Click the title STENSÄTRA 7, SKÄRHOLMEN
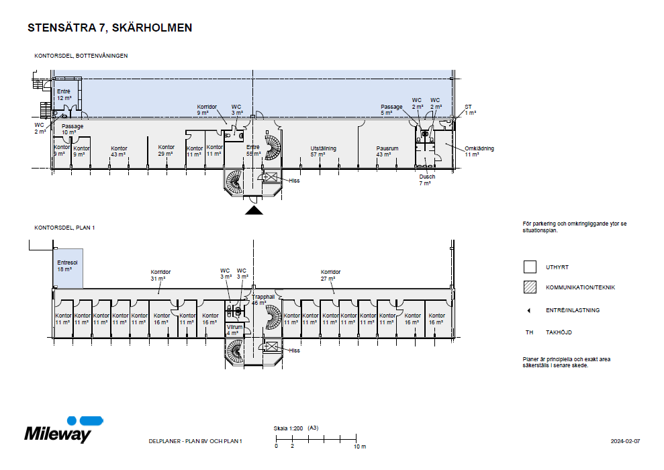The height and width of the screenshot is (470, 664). (x=109, y=28)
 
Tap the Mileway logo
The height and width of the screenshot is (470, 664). (x=58, y=430)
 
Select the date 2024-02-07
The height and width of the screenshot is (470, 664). (x=625, y=441)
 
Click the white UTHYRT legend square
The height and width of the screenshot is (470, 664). (x=529, y=267)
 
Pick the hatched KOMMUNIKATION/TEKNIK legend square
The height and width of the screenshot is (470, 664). (x=529, y=287)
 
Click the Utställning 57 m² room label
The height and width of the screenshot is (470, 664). (x=323, y=151)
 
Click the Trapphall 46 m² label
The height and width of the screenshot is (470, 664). (x=263, y=299)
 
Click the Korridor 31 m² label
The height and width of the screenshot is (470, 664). (x=160, y=275)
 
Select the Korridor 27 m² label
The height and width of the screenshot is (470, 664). (x=330, y=275)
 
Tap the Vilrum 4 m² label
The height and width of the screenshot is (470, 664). (x=233, y=330)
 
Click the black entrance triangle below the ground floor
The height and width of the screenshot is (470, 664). (x=254, y=211)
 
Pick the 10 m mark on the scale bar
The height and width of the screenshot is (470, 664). (x=359, y=446)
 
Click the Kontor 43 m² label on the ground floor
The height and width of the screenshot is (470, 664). (x=119, y=151)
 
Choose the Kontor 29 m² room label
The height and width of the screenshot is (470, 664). (x=166, y=150)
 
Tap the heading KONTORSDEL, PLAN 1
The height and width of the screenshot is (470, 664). (x=65, y=228)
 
